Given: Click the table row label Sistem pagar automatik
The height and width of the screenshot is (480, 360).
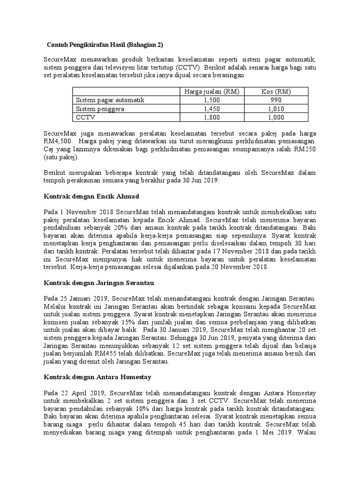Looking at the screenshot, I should (x=110, y=100).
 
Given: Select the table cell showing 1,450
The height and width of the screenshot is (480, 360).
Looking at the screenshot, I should (x=211, y=109).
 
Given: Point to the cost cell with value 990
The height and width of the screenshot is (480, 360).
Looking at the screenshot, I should (x=277, y=100).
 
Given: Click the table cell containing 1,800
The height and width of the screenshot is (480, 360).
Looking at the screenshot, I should (x=211, y=117).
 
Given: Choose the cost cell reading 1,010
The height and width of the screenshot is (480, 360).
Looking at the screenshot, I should (x=277, y=109).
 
